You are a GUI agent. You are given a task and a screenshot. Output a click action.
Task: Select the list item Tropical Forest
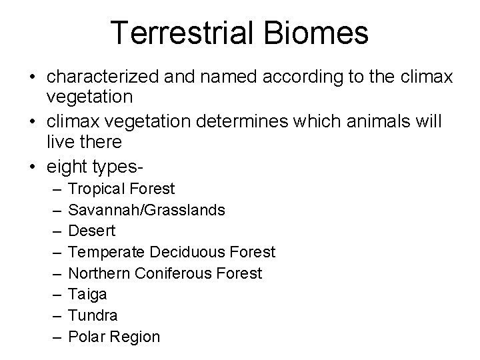pyautogui.click(x=121, y=189)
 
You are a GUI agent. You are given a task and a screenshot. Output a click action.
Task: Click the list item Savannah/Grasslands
pyautogui.click(x=147, y=210)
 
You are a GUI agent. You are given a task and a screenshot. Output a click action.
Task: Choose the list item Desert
pyautogui.click(x=92, y=231)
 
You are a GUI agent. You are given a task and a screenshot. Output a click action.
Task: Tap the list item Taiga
pyautogui.click(x=88, y=294)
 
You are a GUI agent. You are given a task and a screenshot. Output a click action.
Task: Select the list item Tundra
pyautogui.click(x=93, y=315)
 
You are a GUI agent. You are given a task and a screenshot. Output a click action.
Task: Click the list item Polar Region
pyautogui.click(x=115, y=337)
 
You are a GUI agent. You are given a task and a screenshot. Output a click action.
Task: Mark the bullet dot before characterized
pyautogui.click(x=32, y=77)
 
